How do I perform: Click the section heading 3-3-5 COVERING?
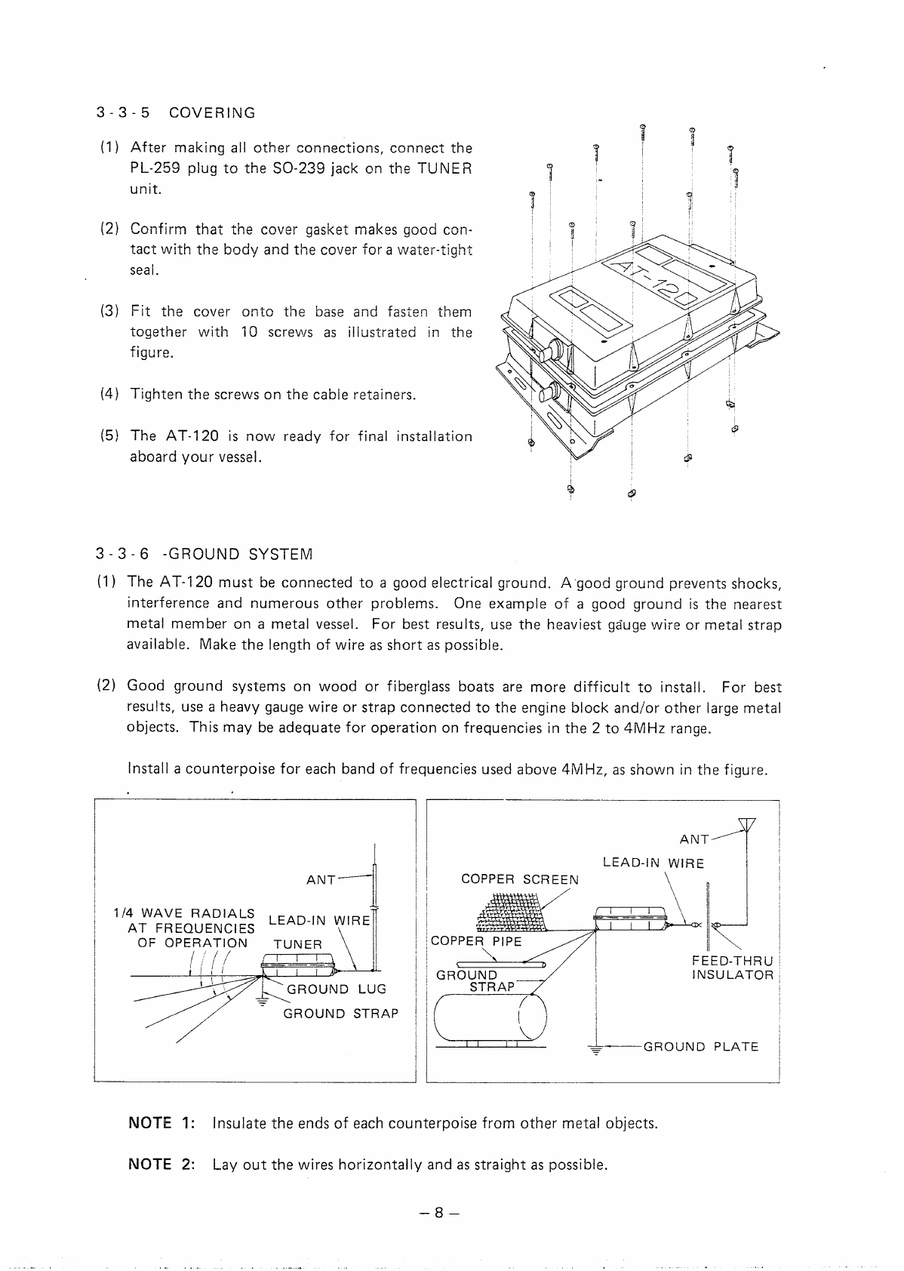175,113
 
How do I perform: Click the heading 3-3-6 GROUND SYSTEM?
204,555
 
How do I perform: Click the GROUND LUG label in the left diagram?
336,989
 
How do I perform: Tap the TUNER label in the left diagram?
297,944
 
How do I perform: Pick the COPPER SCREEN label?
520,879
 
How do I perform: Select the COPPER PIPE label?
476,941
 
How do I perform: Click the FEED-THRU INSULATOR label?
732,968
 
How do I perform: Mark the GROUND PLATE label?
700,1047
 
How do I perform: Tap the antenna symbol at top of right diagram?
747,825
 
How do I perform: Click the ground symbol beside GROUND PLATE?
596,1049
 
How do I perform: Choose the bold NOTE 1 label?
161,1123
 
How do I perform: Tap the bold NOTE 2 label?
161,1164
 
